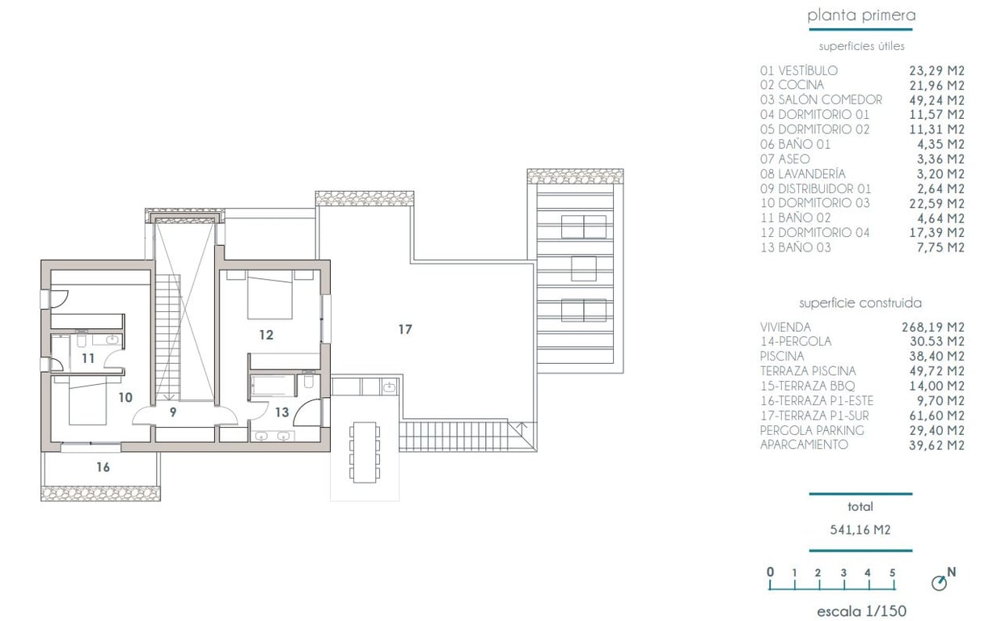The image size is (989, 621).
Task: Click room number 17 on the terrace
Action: tap(405, 329)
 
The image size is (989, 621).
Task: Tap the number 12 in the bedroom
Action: tap(266, 334)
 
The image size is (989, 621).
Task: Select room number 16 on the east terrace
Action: tap(103, 467)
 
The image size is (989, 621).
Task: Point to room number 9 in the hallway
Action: tap(173, 412)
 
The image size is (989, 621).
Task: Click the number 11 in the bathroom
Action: tap(88, 357)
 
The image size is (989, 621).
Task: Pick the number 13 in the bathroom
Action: tap(281, 412)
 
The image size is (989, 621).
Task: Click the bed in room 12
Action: tap(269, 295)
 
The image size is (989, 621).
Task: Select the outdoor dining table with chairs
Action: tap(365, 452)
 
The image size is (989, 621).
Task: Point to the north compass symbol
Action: tap(940, 581)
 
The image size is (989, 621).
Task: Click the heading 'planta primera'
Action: tap(861, 15)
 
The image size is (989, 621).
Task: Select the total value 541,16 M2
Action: tap(860, 530)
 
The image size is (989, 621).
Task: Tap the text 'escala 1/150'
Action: tap(861, 611)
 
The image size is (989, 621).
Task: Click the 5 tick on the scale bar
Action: tap(892, 573)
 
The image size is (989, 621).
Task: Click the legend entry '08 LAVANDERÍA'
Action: tap(802, 173)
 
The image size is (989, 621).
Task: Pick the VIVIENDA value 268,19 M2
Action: tap(933, 327)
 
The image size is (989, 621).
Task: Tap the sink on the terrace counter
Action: tap(389, 387)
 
